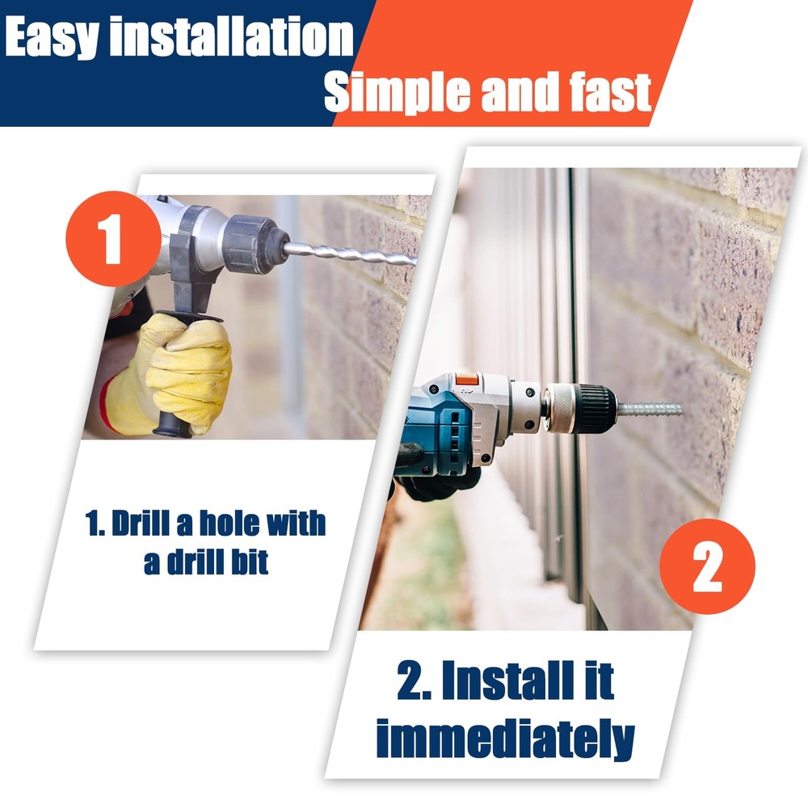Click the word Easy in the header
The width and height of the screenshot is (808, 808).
[52, 37]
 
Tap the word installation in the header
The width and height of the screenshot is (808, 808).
[232, 36]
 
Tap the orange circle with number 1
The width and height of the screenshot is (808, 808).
[113, 238]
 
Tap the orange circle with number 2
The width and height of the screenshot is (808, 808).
[707, 566]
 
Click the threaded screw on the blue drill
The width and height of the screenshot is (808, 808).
[650, 410]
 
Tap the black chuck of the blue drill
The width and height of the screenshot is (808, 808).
[597, 408]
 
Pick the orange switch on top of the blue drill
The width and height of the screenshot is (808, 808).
[467, 380]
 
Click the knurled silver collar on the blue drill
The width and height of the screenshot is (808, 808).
[560, 407]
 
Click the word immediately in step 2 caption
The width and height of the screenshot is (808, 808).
[506, 739]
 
